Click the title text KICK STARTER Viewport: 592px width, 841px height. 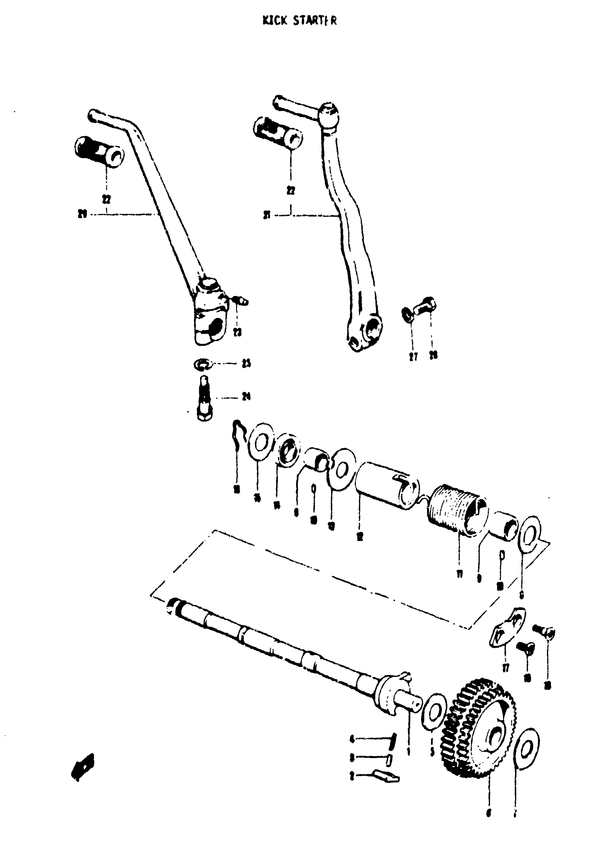pos(299,21)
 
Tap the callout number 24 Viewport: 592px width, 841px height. pos(246,396)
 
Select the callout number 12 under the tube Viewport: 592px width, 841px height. pos(360,537)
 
